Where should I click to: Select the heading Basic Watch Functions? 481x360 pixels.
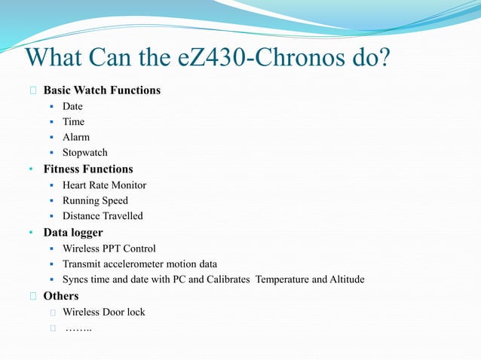point(102,90)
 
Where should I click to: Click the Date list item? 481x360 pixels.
point(72,106)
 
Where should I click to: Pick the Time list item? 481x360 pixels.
point(73,122)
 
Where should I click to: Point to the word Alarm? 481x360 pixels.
point(76,137)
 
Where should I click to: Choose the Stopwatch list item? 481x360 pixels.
point(85,153)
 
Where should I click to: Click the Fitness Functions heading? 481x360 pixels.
point(88,169)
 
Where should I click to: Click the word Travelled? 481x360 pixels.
point(119,216)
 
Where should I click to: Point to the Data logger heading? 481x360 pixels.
point(73,232)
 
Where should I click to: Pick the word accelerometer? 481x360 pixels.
point(140,264)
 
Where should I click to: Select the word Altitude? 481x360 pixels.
point(343,279)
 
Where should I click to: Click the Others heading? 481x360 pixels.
point(61,296)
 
